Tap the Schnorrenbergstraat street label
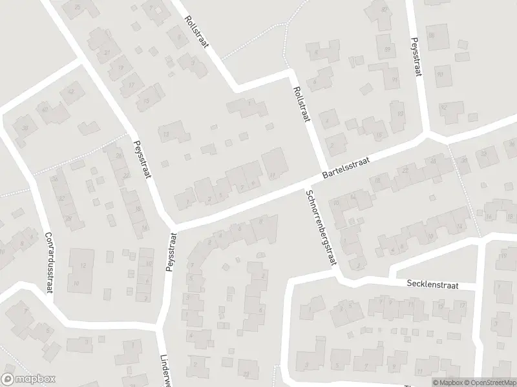pyautogui.click(x=321, y=228)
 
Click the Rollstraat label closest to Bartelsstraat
pyautogui.click(x=302, y=105)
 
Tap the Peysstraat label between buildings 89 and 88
pyautogui.click(x=416, y=56)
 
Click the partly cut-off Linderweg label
pyautogui.click(x=164, y=371)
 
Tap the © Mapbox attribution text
pyautogui.click(x=445, y=382)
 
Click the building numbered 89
pyautogui.click(x=388, y=49)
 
